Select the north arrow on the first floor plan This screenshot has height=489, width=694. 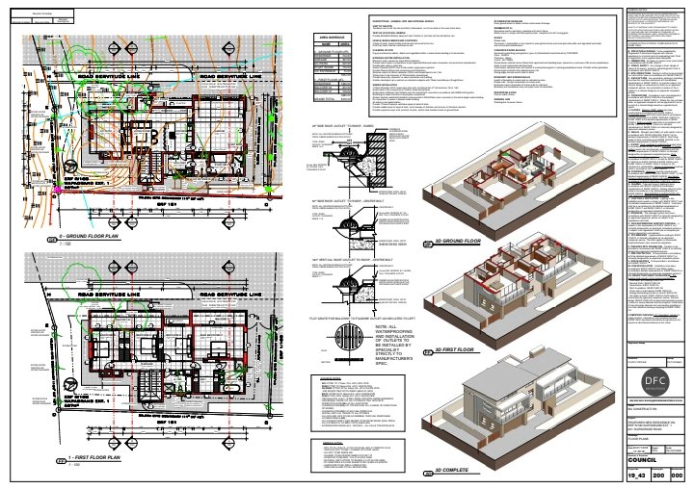71,385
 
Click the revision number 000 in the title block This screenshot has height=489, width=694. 679,476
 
